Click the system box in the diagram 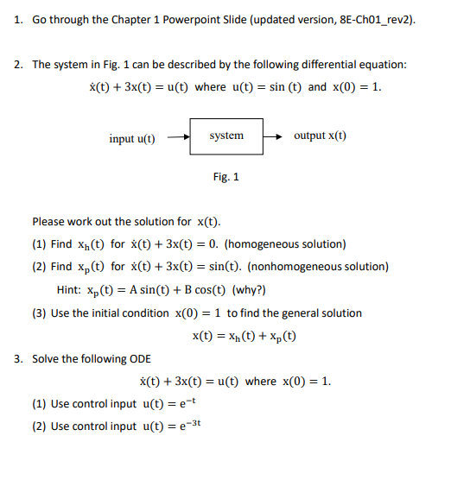point(226,136)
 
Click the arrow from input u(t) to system point(177,136)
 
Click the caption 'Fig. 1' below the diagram point(226,177)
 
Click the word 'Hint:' point(70,290)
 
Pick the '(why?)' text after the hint point(249,290)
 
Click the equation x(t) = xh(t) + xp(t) point(244,335)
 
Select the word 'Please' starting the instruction point(48,221)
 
